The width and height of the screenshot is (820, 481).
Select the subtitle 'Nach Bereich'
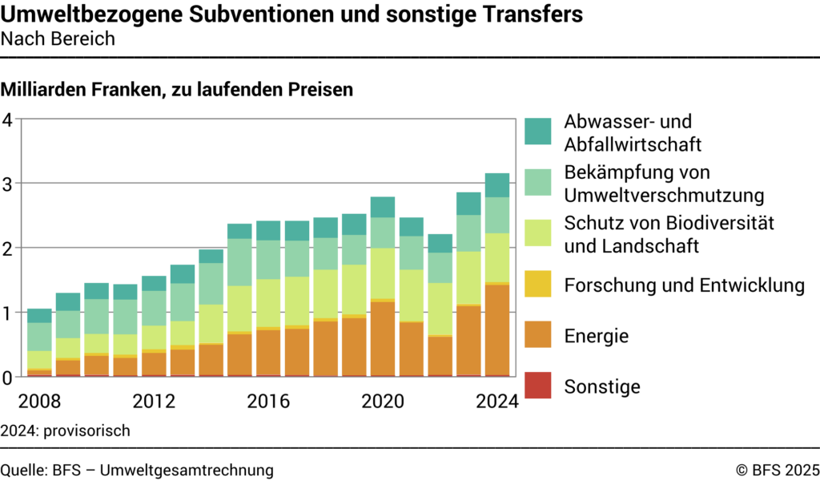tap(58, 39)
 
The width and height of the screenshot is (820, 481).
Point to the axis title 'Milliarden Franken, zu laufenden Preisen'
tap(177, 90)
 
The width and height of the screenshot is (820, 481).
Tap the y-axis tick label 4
tap(8, 120)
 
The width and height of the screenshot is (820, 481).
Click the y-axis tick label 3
tap(8, 184)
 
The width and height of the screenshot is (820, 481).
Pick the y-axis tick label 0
tap(8, 377)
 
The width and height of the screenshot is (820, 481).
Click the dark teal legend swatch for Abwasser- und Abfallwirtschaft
tap(538, 131)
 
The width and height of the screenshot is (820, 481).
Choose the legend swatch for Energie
tap(538, 335)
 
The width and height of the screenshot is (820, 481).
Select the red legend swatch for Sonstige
tap(538, 386)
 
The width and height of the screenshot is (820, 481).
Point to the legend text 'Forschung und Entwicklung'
tap(684, 285)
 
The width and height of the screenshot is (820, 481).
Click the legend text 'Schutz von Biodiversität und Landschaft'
tap(669, 234)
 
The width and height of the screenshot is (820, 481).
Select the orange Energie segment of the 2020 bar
tap(382, 338)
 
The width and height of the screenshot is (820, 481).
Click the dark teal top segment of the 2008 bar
tap(39, 316)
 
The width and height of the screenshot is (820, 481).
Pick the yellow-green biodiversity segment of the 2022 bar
tap(440, 309)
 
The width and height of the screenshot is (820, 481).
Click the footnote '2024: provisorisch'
tap(66, 430)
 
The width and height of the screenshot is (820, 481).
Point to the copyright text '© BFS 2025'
tap(777, 470)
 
